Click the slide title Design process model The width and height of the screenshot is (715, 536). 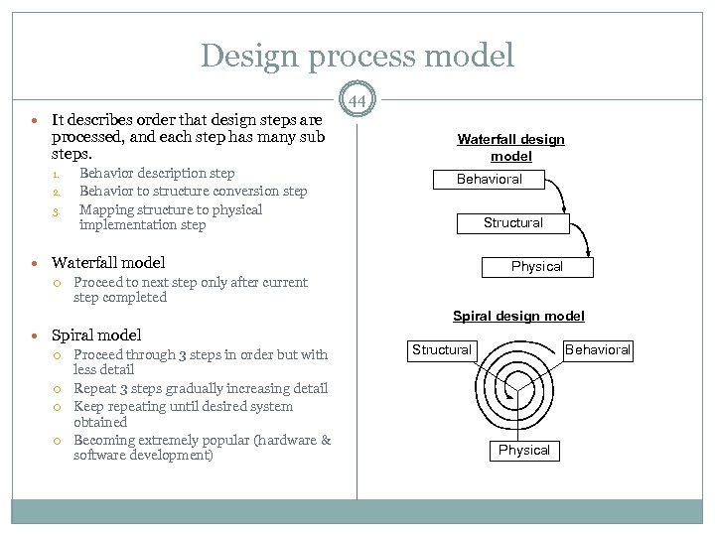coord(357,55)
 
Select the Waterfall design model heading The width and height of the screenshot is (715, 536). coord(510,148)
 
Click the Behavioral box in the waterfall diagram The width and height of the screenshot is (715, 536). coord(489,180)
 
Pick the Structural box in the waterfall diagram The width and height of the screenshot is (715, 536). coord(513,222)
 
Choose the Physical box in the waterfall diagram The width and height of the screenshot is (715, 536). coord(536,266)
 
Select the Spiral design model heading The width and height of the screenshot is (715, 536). coord(518,316)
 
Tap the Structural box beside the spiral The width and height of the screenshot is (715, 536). coord(442,349)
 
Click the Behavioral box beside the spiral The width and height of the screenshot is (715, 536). coord(598,349)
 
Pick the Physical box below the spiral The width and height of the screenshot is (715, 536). coord(523,450)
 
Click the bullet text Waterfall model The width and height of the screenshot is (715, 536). coord(107,263)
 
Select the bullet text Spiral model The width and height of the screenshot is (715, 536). coord(95,335)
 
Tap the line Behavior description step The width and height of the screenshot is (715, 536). coord(157,174)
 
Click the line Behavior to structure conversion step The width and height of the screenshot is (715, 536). coord(193,191)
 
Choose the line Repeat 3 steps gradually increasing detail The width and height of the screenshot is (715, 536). coord(201,389)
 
